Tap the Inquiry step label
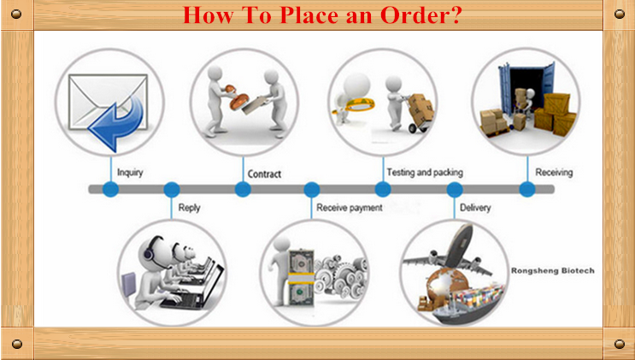point(130,172)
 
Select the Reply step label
point(190,208)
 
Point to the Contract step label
point(264,174)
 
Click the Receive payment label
point(349,208)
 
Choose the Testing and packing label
point(424,172)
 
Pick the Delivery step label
point(475,208)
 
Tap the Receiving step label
point(554,172)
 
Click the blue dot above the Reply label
point(172,189)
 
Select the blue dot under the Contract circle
point(244,189)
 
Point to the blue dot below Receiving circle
point(527,189)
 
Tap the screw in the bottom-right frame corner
point(618,344)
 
